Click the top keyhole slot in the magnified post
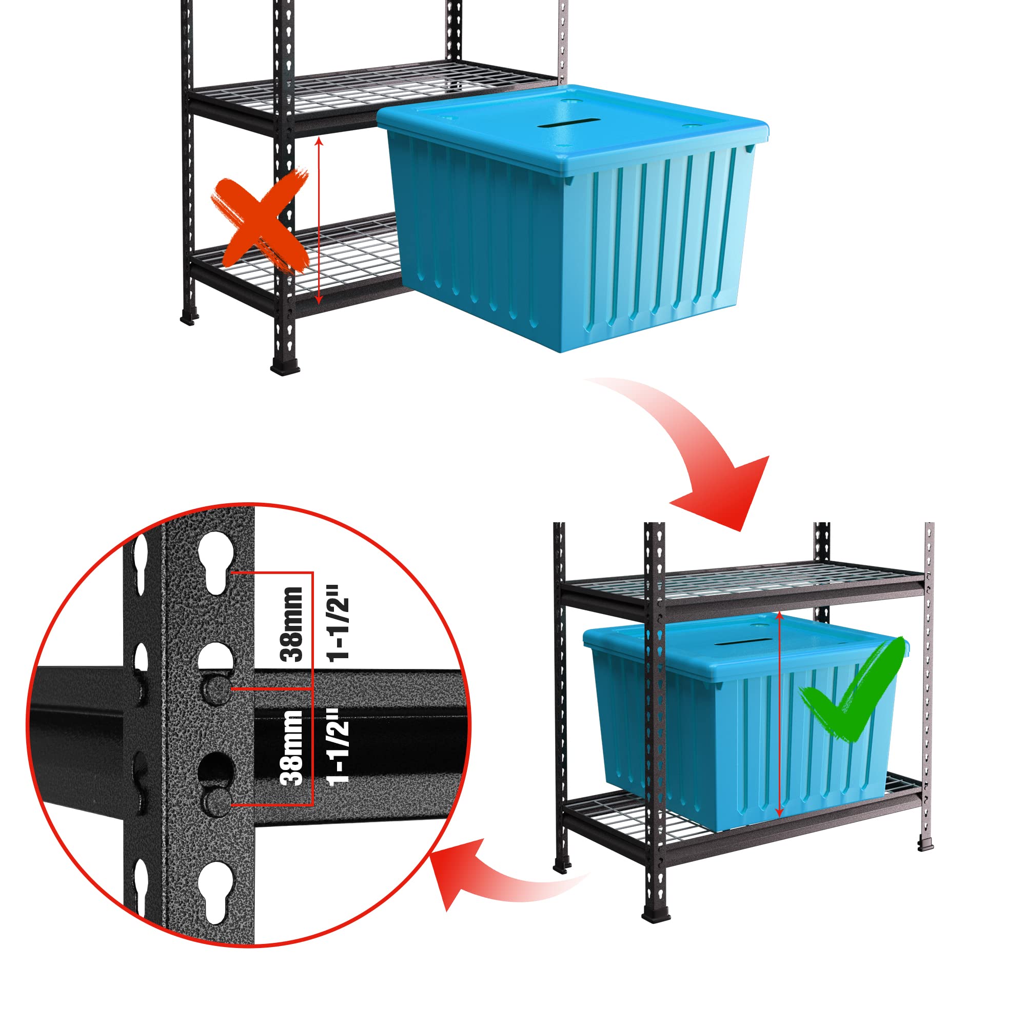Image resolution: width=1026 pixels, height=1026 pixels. [x=216, y=563]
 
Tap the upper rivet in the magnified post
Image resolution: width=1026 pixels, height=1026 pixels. [x=216, y=689]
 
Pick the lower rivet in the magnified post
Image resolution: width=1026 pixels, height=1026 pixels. [x=216, y=801]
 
